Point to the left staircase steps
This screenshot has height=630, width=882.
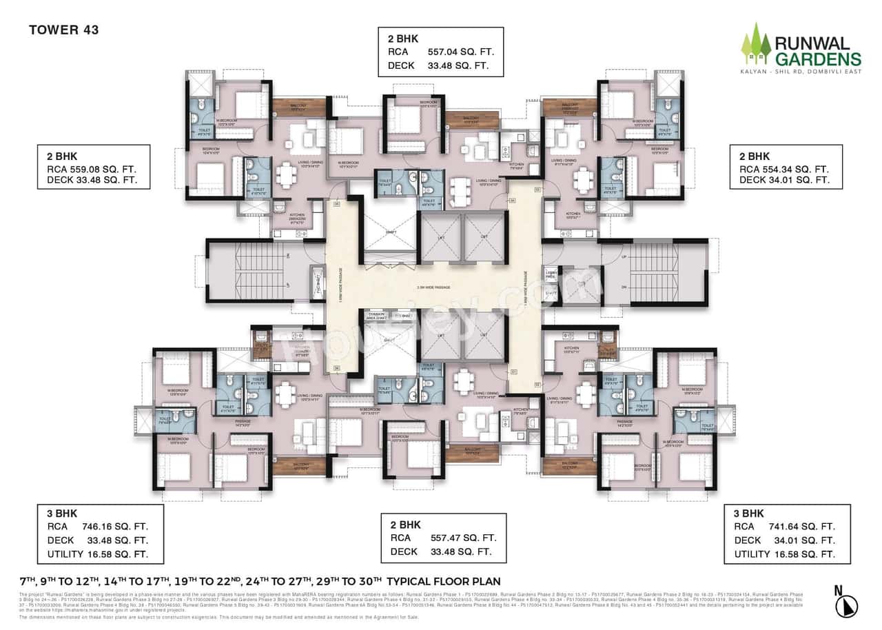[248, 270]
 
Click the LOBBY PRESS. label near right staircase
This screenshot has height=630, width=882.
[551, 274]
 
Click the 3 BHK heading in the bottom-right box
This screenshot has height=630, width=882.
[749, 514]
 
